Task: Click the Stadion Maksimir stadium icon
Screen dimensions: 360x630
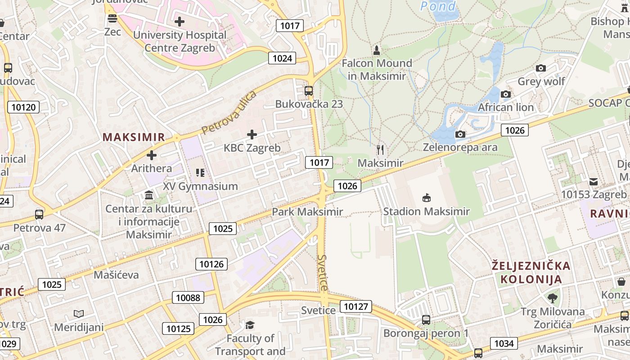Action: (426, 198)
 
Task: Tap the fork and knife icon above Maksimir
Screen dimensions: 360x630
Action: (381, 150)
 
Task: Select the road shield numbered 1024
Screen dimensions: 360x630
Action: (282, 58)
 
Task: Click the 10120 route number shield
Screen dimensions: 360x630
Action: (23, 107)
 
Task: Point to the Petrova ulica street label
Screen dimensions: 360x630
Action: (229, 112)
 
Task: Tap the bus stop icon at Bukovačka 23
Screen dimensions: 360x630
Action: (309, 90)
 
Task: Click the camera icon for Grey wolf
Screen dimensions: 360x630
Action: (541, 68)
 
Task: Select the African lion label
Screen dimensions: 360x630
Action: (506, 108)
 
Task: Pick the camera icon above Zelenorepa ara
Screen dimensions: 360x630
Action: (460, 134)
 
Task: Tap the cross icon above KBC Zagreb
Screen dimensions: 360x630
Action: (252, 134)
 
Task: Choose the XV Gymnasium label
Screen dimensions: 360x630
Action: (200, 186)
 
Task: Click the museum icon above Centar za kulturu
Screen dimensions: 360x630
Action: (149, 195)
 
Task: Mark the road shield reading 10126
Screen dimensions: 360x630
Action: (211, 264)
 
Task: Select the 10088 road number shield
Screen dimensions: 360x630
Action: (188, 297)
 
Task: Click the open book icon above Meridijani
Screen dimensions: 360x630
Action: (79, 314)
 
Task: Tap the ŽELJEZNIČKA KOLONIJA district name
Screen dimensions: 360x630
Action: (531, 272)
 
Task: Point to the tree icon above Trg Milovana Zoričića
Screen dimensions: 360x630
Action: (553, 298)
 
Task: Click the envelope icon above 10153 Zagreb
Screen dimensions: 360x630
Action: (594, 182)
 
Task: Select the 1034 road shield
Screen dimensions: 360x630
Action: (504, 344)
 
